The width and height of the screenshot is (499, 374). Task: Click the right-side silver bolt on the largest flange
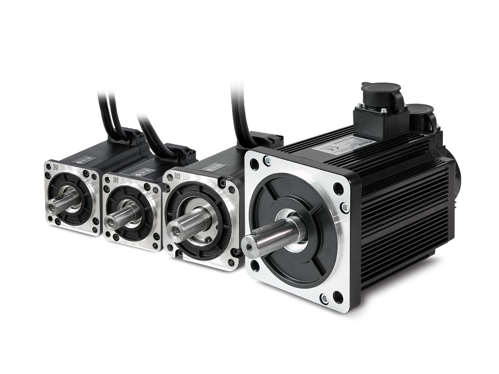(344, 206)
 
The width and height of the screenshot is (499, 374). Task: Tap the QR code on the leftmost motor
(56, 168)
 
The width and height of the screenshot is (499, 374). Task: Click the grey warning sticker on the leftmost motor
(84, 157)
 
